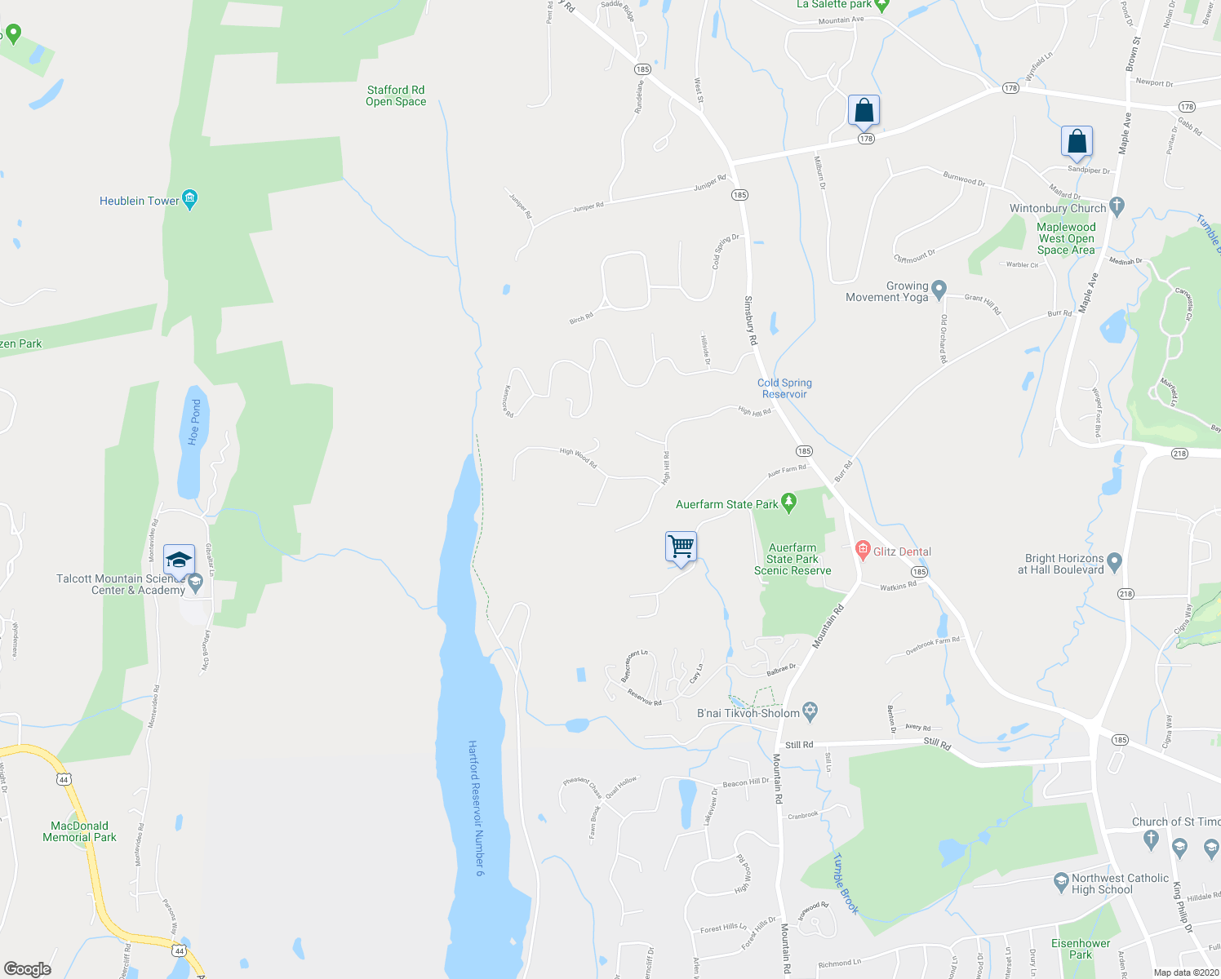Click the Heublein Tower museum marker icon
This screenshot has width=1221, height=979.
click(190, 199)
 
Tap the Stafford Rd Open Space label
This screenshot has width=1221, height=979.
click(396, 96)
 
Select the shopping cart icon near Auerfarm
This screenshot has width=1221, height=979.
click(681, 546)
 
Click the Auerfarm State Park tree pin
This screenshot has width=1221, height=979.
click(788, 503)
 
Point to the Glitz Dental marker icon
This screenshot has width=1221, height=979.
click(863, 551)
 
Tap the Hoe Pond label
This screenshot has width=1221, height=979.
click(194, 422)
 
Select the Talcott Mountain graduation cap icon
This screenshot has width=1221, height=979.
click(179, 560)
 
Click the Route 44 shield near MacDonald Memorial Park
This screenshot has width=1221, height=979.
click(64, 780)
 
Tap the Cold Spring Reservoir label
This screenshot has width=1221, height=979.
click(784, 388)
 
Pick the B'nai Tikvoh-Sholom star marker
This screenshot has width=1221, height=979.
click(810, 711)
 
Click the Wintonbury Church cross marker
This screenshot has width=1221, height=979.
click(1117, 206)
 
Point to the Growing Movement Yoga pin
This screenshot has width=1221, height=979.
click(939, 289)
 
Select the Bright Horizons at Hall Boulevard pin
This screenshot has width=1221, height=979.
click(1116, 561)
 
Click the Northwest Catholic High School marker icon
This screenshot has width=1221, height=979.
click(1061, 881)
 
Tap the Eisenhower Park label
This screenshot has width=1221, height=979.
click(1081, 949)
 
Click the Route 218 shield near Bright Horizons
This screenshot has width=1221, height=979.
click(1126, 594)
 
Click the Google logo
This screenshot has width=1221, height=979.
click(28, 969)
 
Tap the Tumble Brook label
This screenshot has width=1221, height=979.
click(846, 884)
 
